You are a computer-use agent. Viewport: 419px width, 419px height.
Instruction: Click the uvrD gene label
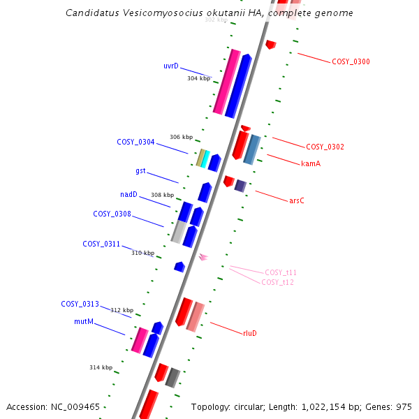(x=171, y=66)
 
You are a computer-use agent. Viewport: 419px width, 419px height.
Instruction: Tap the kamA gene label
(x=311, y=164)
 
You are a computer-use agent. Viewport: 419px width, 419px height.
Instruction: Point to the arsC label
(x=297, y=201)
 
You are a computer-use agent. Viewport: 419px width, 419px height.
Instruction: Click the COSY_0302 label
(x=325, y=147)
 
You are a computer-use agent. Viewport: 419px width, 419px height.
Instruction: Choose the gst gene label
(x=140, y=171)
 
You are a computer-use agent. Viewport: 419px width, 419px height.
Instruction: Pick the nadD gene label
(x=128, y=195)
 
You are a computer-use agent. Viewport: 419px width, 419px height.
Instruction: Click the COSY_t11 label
(x=281, y=273)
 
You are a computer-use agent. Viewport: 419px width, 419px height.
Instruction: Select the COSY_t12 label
(x=278, y=283)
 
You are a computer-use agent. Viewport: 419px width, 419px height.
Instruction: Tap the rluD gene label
(x=250, y=334)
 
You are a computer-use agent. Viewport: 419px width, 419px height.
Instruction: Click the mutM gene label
(x=84, y=322)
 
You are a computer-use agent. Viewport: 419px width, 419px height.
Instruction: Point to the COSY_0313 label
(x=80, y=304)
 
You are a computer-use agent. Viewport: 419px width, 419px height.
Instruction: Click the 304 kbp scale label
(x=198, y=79)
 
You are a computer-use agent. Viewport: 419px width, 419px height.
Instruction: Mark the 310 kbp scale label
(x=142, y=253)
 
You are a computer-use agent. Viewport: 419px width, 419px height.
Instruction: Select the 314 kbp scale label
(x=101, y=367)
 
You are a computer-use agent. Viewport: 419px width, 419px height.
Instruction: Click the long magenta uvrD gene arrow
(x=227, y=82)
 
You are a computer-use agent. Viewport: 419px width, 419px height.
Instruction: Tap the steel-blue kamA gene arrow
(x=252, y=149)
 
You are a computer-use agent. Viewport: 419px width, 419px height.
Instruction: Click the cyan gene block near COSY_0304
(x=205, y=159)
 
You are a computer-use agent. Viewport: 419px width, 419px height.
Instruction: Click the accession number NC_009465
(x=78, y=406)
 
